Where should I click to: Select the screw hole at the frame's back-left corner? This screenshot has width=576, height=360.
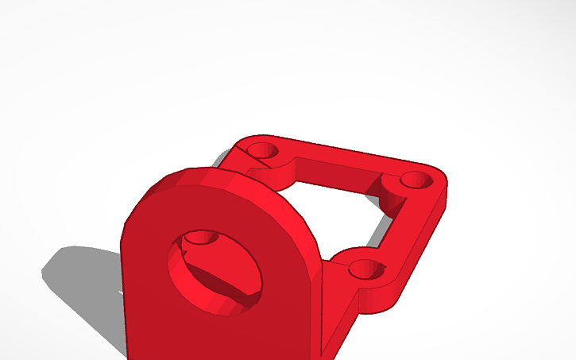point(260,149)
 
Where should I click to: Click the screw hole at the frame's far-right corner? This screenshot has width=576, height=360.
point(415,180)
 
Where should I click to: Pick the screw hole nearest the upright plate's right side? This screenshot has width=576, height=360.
point(365,269)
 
